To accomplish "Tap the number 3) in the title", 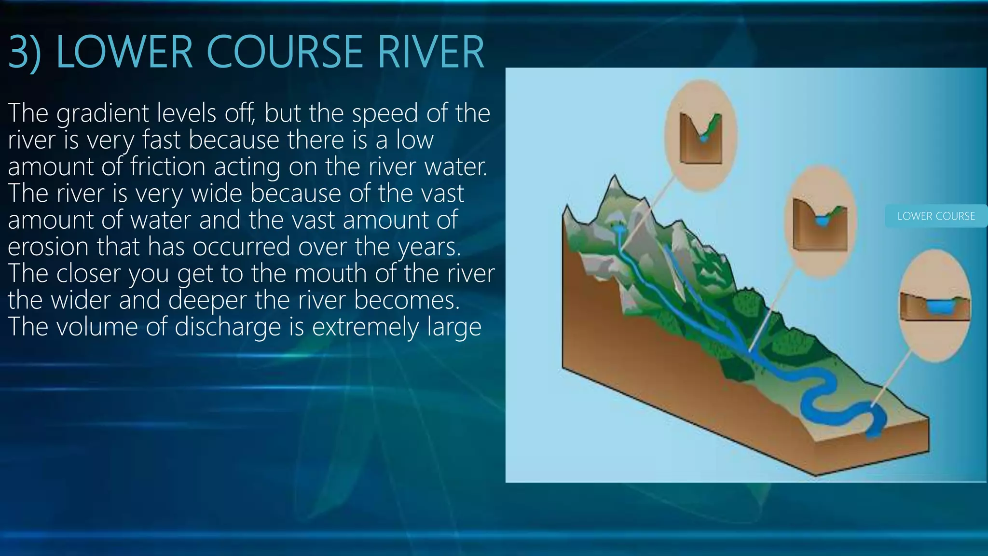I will pos(24,53).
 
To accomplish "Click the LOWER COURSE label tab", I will pos(936,216).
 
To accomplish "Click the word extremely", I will pos(366,327).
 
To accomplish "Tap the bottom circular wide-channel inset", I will pos(935,306).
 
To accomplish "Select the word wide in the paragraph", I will pos(217,194).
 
